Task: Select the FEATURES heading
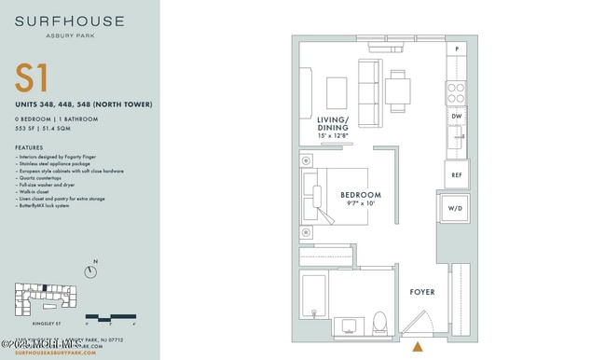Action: click(29, 147)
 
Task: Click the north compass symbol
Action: click(90, 271)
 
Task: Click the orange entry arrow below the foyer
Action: click(416, 348)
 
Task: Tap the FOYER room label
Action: click(422, 292)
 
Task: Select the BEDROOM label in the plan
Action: click(361, 195)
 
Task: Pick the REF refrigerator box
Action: click(457, 173)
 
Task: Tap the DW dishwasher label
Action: click(457, 117)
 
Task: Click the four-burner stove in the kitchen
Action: click(456, 91)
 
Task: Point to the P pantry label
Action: click(457, 48)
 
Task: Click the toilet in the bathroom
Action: click(379, 322)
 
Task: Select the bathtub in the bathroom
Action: click(313, 303)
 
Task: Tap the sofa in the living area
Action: click(369, 92)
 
